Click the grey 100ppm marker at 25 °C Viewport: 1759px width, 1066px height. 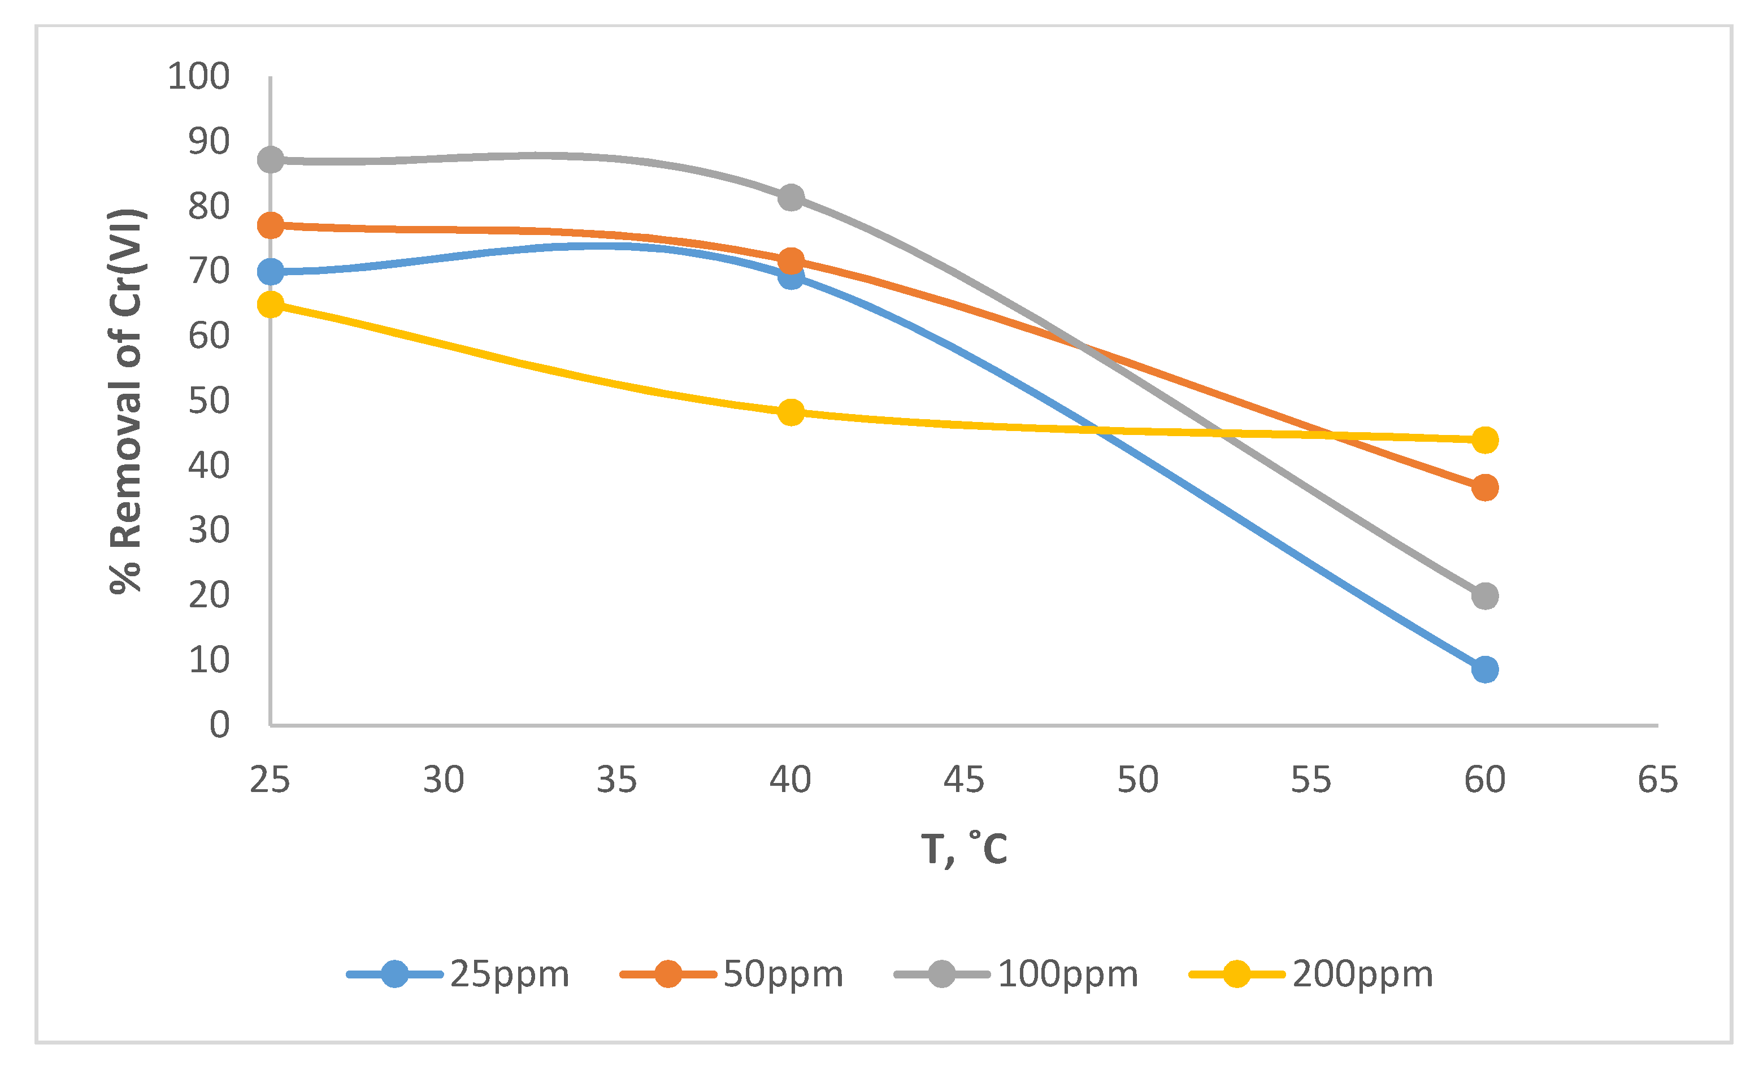(x=271, y=159)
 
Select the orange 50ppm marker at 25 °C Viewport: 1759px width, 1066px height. (x=271, y=225)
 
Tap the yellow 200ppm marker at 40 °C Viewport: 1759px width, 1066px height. (x=791, y=412)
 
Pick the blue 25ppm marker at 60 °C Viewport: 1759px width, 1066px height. (x=1485, y=669)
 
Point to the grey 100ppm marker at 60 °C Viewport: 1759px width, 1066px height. (x=1485, y=596)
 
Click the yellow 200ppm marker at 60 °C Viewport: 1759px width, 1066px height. (x=1485, y=440)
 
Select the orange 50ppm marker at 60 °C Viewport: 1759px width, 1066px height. (x=1485, y=488)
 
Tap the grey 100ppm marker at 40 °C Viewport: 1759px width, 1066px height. (x=791, y=197)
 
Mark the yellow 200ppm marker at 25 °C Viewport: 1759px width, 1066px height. (x=271, y=304)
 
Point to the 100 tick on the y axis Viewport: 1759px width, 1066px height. (x=198, y=76)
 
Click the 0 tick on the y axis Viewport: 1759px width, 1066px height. (x=219, y=725)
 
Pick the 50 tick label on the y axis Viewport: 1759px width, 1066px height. (x=209, y=401)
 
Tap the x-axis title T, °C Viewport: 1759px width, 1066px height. (x=964, y=849)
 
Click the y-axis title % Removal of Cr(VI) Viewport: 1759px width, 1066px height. (x=127, y=401)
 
